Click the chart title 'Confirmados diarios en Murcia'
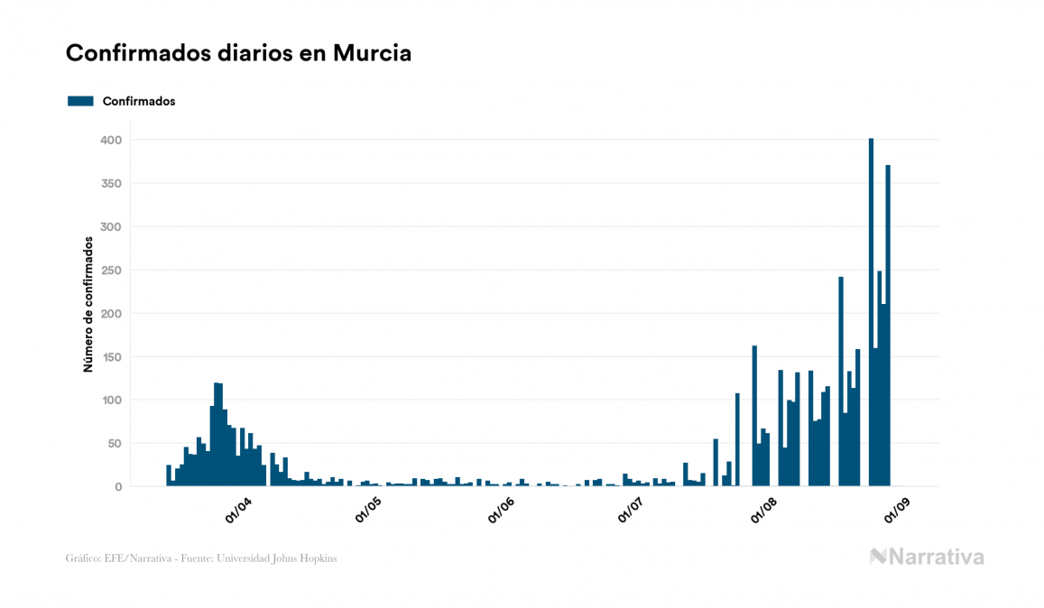coord(238,53)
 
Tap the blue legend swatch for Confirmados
coord(80,101)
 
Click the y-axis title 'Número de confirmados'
coord(88,305)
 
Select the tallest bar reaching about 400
coord(871,316)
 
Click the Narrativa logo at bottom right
coord(927,557)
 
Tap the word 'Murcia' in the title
coord(372,53)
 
